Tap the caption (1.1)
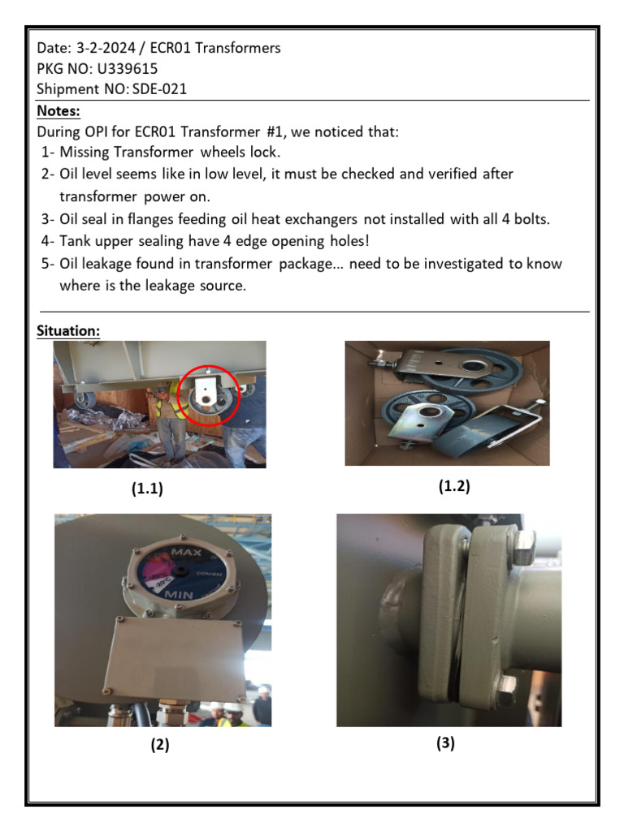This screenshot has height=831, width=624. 146,489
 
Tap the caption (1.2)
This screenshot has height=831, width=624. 453,486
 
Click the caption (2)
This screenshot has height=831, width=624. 159,745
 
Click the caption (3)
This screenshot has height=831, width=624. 445,743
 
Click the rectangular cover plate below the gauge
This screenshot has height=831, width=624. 176,661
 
